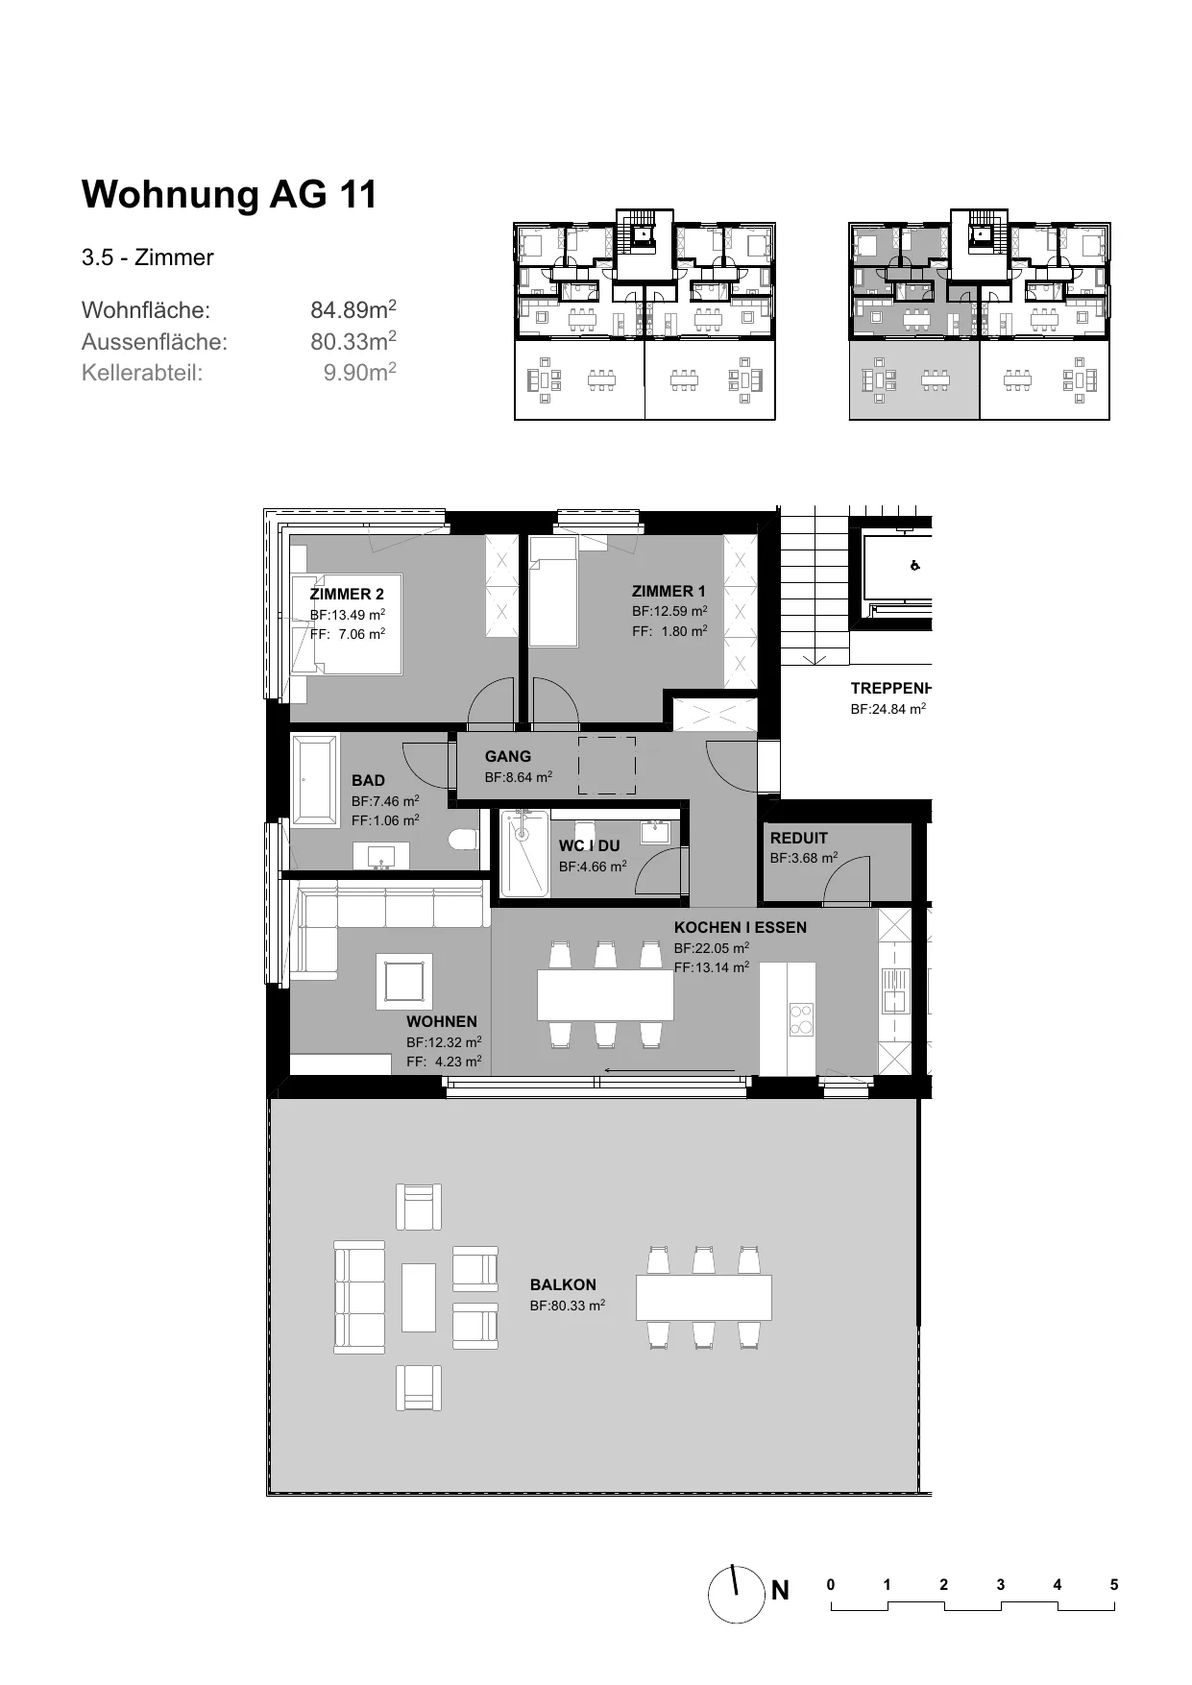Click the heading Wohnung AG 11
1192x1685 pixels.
coord(230,194)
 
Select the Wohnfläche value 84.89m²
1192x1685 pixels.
coord(353,309)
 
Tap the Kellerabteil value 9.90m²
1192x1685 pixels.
coord(360,372)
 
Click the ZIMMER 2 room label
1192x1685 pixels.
coord(347,594)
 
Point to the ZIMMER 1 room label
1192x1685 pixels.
coord(669,591)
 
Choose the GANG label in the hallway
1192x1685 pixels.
coord(508,756)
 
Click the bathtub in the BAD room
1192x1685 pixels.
coord(314,779)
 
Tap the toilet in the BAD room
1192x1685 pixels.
coord(464,840)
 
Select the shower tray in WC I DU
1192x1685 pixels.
coord(523,854)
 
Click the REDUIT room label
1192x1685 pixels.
coord(799,838)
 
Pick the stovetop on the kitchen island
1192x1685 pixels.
coord(800,1019)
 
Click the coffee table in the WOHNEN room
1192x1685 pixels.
coord(404,981)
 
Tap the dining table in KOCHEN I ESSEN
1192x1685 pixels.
coord(605,994)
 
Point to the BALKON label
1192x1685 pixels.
coord(563,1284)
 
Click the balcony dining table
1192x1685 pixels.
coord(704,1298)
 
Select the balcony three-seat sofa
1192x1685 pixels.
coord(359,1296)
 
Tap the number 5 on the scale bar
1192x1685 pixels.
coord(1114,1585)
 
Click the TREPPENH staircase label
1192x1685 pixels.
coord(891,688)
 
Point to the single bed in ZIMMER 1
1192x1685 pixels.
coord(553,592)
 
